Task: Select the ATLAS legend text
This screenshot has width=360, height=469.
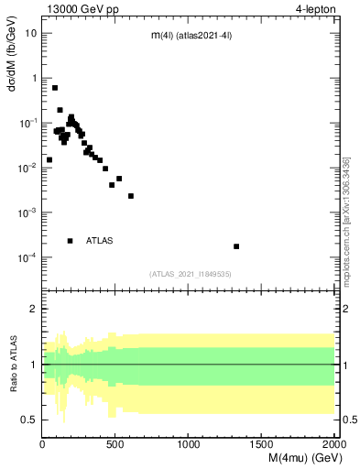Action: coord(99,241)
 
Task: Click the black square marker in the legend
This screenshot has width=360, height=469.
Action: coord(71,241)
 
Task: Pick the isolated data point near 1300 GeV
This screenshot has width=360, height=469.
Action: coord(236,246)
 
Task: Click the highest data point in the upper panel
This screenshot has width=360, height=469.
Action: coord(55,88)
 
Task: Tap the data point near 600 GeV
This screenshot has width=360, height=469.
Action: coord(131,196)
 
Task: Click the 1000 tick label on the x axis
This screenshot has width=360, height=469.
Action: coord(189,443)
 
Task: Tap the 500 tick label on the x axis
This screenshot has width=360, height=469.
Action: coord(115,443)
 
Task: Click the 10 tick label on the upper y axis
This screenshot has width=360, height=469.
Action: coord(31,33)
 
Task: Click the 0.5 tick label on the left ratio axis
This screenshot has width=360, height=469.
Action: coord(29,420)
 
